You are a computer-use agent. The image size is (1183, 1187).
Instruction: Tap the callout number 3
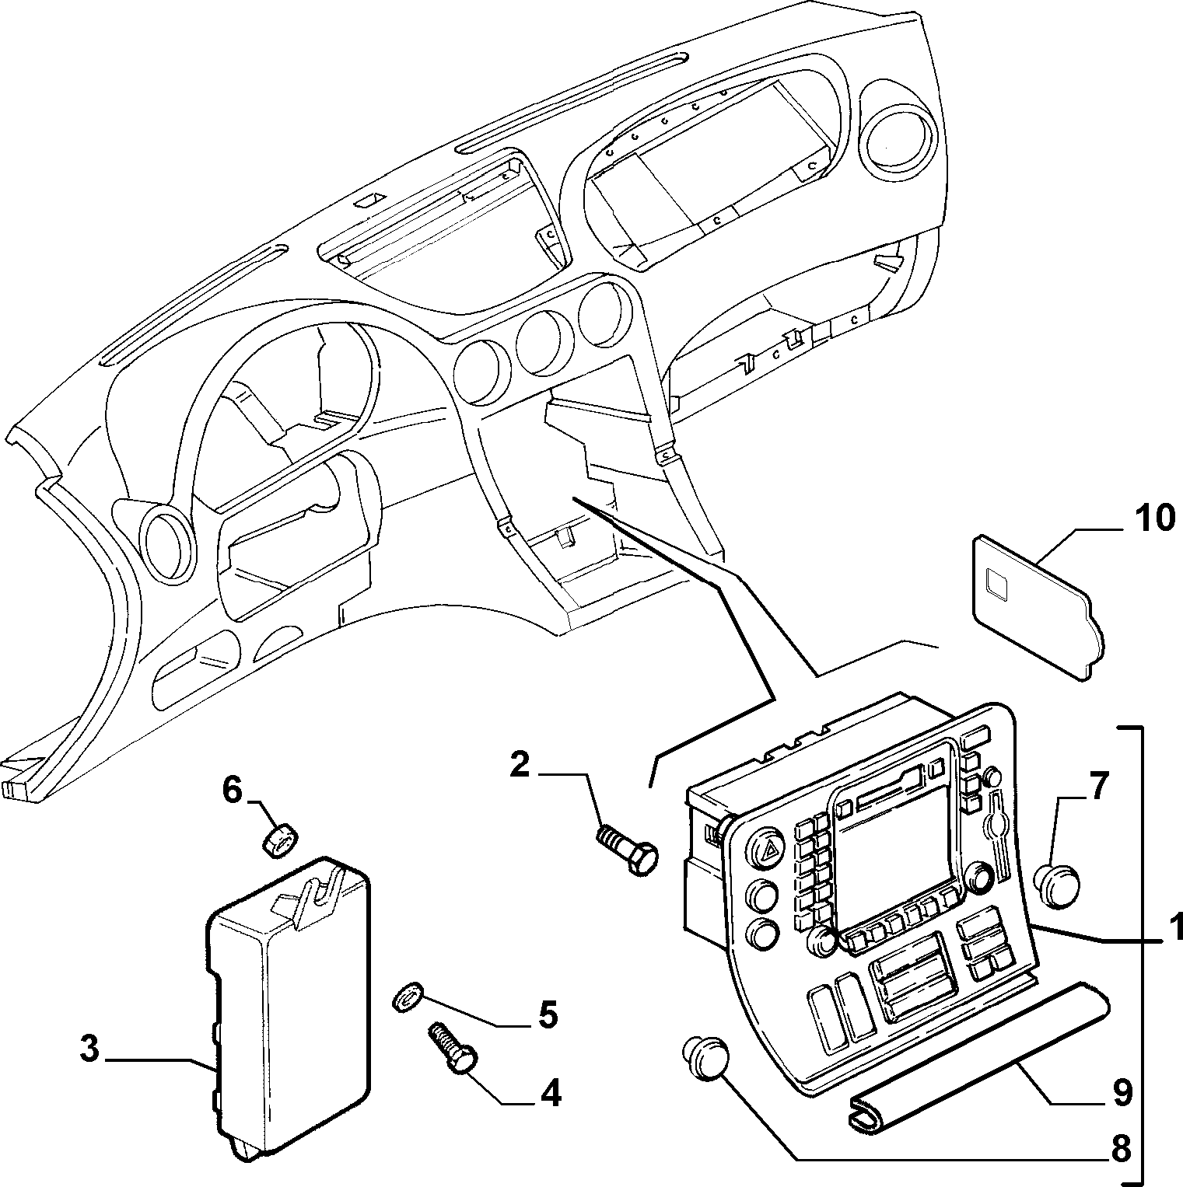[x=90, y=1049]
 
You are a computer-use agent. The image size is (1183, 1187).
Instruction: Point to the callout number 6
[x=233, y=791]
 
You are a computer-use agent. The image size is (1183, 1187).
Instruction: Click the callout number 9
[x=1121, y=1094]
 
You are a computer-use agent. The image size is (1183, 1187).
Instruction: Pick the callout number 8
[x=1121, y=1149]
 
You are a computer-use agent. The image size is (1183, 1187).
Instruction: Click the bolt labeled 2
[x=627, y=850]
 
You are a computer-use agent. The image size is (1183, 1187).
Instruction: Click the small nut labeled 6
[x=280, y=841]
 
